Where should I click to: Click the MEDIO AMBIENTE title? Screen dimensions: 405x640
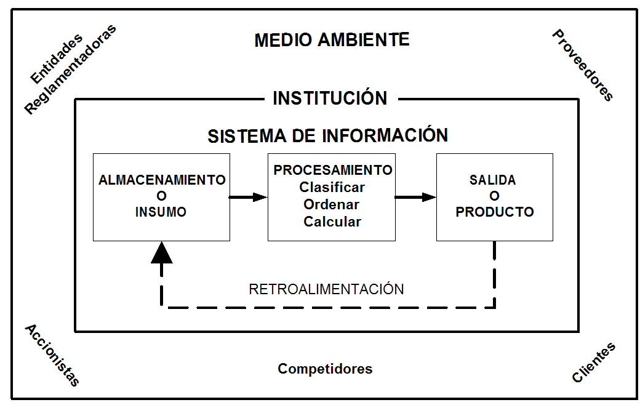pyautogui.click(x=332, y=41)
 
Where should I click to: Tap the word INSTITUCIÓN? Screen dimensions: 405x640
pyautogui.click(x=330, y=98)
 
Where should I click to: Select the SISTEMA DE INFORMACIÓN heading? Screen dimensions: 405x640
pyautogui.click(x=327, y=135)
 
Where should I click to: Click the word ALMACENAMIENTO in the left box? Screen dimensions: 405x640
pyautogui.click(x=162, y=180)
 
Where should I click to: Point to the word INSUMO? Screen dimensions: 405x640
pyautogui.click(x=161, y=212)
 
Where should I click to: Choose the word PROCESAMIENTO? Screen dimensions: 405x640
pyautogui.click(x=333, y=170)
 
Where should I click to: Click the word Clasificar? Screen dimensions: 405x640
pyautogui.click(x=332, y=187)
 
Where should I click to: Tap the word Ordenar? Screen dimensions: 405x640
pyautogui.click(x=332, y=204)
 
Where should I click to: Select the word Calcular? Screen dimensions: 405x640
pyautogui.click(x=332, y=222)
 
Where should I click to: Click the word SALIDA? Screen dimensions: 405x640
pyautogui.click(x=493, y=180)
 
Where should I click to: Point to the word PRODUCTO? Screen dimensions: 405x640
pyautogui.click(x=495, y=212)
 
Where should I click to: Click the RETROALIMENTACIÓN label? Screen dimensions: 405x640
pyautogui.click(x=327, y=289)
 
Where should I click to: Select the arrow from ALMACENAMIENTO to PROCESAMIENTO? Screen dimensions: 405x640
pyautogui.click(x=249, y=197)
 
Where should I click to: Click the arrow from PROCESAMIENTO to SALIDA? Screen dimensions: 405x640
pyautogui.click(x=415, y=197)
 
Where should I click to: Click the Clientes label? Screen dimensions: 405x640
pyautogui.click(x=594, y=363)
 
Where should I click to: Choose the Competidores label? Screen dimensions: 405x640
pyautogui.click(x=325, y=369)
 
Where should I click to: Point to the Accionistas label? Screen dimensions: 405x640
pyautogui.click(x=52, y=355)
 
